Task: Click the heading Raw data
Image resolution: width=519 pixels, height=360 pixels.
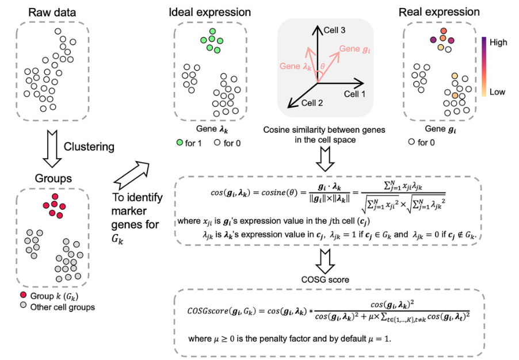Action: click(54, 12)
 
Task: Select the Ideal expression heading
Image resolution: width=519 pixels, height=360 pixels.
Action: click(210, 12)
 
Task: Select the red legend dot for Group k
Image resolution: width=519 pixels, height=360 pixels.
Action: click(22, 296)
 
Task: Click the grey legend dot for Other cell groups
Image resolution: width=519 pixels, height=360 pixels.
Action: click(22, 307)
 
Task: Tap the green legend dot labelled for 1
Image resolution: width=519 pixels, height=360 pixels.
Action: click(180, 143)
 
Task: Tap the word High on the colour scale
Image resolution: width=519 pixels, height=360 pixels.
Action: click(499, 42)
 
